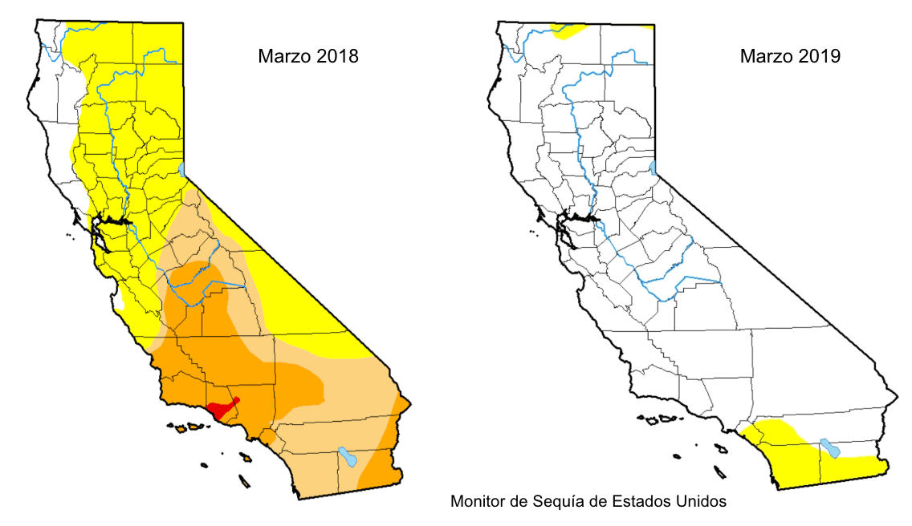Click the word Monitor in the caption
476,502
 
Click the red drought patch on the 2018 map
220,410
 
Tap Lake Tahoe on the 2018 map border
183,169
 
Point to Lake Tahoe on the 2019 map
654,168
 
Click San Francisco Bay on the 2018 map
100,232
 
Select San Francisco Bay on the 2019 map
572,232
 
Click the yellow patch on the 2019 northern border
569,30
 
